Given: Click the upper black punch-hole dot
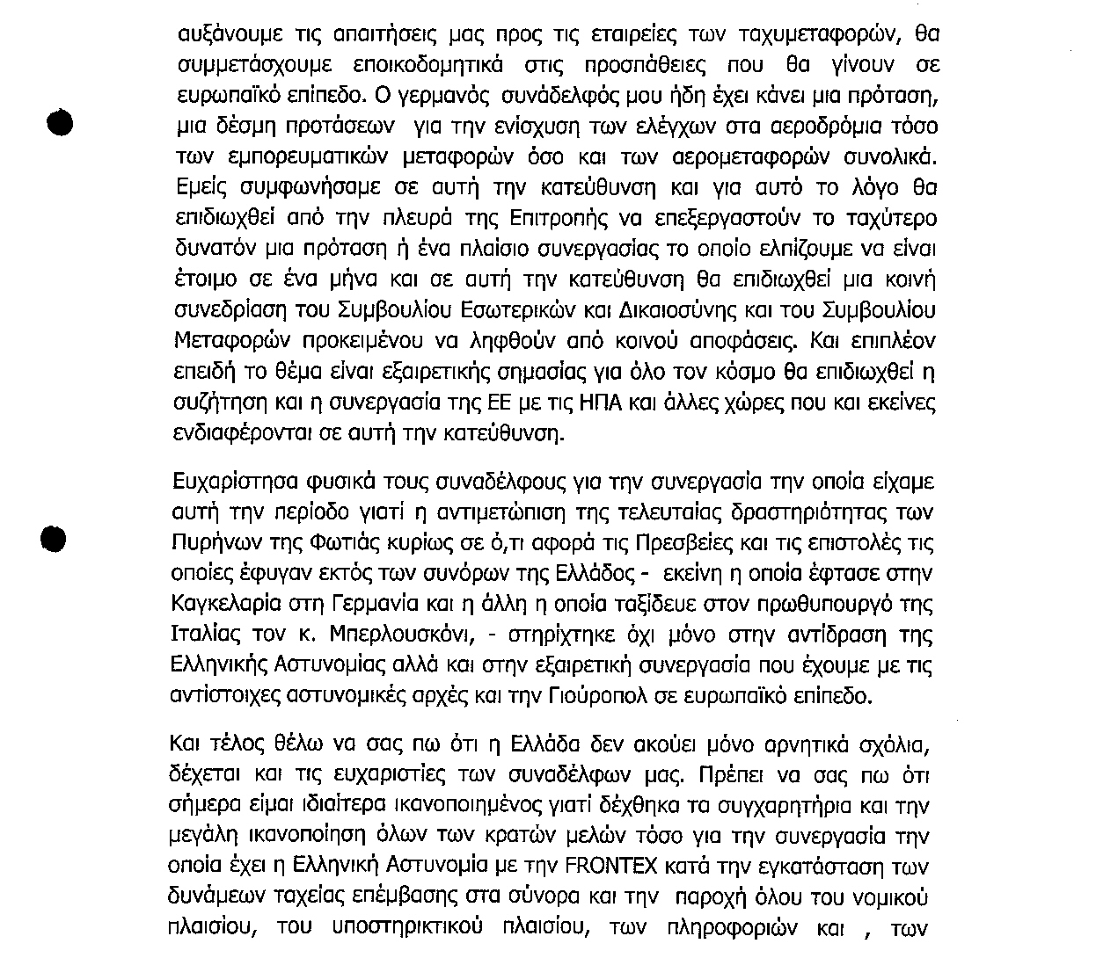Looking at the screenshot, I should tap(57, 123).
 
